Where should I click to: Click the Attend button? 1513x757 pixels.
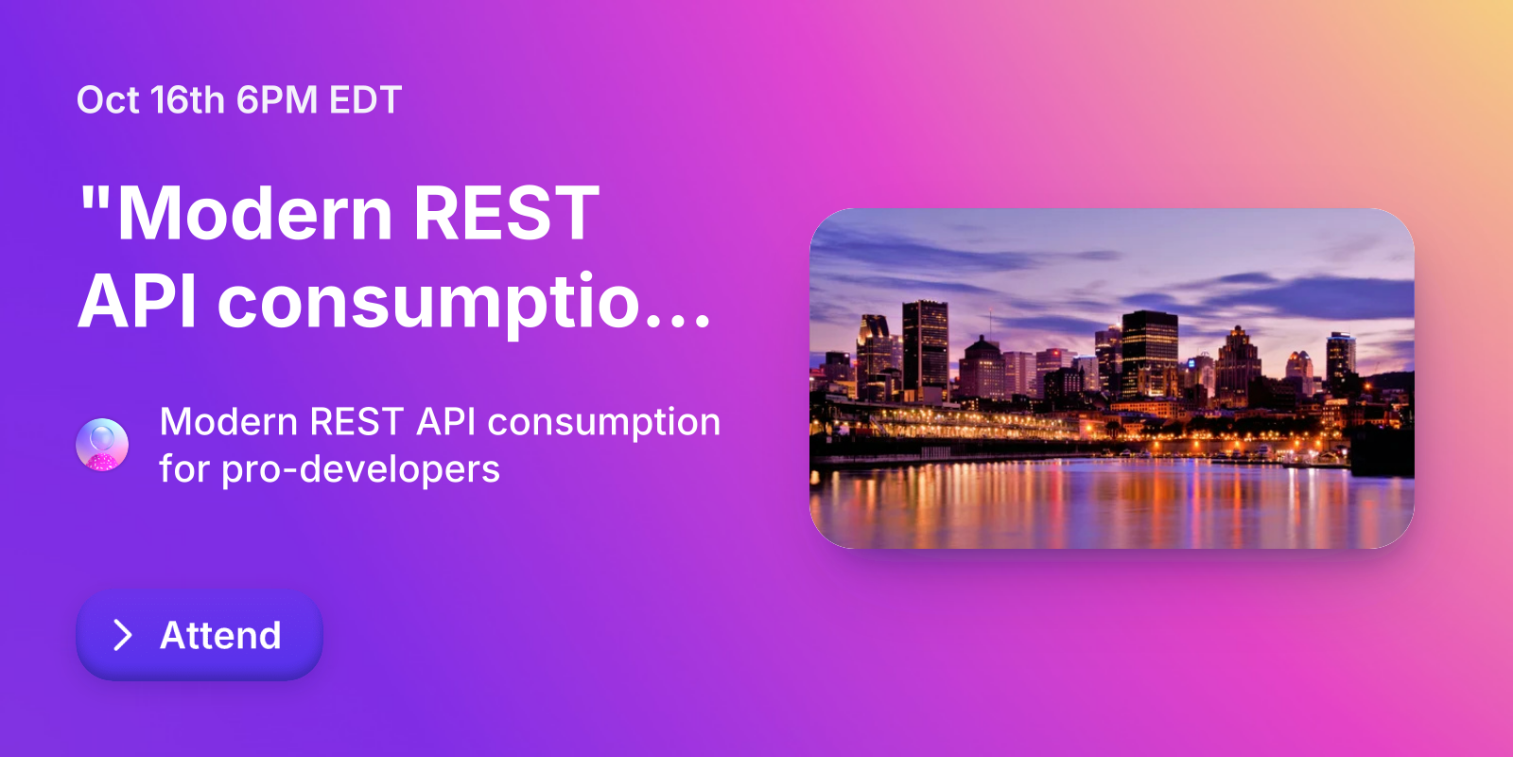200,635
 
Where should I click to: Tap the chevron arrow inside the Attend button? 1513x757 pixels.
123,635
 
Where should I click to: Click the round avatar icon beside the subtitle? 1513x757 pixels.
102,445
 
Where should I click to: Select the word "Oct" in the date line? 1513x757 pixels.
108,100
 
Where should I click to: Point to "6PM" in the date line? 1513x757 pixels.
276,100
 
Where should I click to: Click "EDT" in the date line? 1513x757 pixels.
365,100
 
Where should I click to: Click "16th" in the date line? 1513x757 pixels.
187,100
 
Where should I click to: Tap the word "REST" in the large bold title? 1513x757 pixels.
506,214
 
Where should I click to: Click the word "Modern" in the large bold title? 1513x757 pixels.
255,214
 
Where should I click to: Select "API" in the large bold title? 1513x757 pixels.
138,302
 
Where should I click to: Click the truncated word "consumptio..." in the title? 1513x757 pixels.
463,302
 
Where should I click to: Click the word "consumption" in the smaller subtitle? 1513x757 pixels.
603,422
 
